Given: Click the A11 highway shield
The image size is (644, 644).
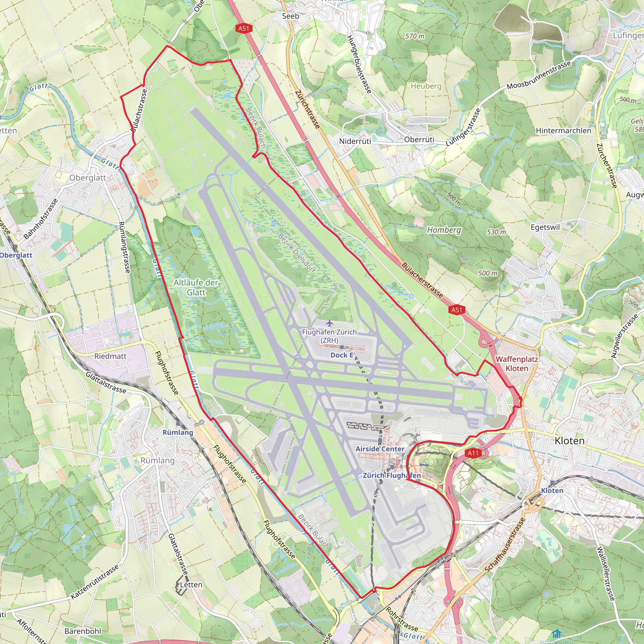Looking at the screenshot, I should [x=473, y=453].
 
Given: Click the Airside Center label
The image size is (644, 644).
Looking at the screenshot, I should [x=380, y=449].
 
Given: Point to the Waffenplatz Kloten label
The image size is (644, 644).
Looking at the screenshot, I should [x=517, y=364].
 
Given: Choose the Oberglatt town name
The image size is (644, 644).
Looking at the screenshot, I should [x=88, y=178].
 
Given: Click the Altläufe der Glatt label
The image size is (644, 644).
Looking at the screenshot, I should [x=196, y=287].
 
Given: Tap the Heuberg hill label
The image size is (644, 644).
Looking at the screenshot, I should [x=426, y=86].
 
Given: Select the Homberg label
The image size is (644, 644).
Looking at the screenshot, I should [x=444, y=230].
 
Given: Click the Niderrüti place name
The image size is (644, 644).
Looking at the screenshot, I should [x=355, y=141].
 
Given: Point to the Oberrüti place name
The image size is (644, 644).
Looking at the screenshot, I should [x=419, y=140].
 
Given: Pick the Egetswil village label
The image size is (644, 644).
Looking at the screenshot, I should [x=545, y=227].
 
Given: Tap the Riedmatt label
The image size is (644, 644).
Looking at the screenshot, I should [x=110, y=356].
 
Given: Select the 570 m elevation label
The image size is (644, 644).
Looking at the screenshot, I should [x=415, y=36].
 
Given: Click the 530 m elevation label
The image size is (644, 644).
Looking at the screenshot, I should [x=496, y=232].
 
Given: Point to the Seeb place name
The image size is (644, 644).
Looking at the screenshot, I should [x=290, y=16].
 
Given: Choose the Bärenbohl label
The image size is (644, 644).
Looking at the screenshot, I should [x=83, y=631].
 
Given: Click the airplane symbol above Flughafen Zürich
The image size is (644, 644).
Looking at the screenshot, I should [x=329, y=323].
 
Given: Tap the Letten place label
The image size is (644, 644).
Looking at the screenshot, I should [x=191, y=585].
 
